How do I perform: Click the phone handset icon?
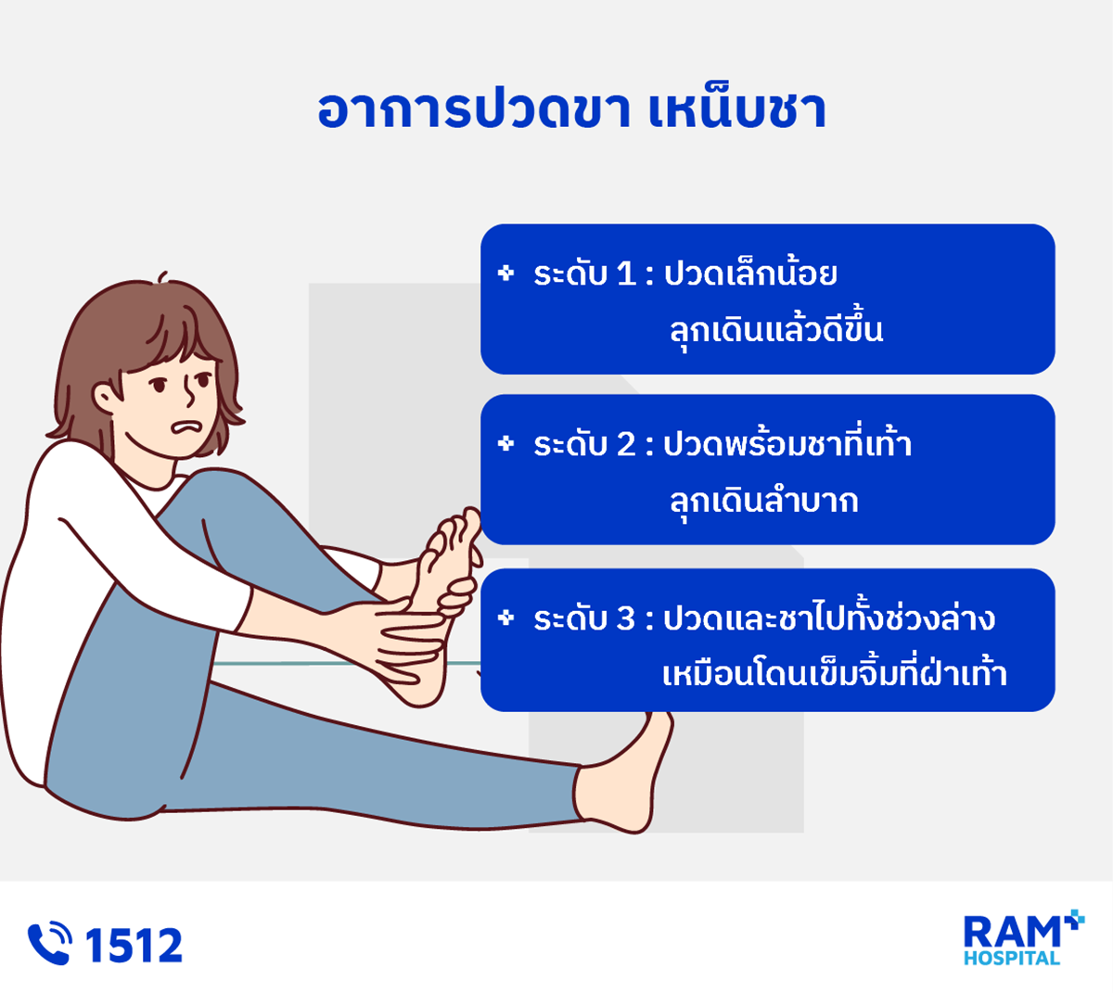[49, 943]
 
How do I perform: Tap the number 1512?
[134, 945]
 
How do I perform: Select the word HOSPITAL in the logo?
[1012, 958]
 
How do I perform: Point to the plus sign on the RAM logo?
[1074, 920]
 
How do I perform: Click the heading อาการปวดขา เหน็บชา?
[571, 109]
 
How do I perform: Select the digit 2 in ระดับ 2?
[626, 444]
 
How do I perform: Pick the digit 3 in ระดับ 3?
[626, 618]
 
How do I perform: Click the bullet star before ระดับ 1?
[505, 273]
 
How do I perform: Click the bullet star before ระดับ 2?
[505, 443]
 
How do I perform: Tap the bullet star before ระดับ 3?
[505, 617]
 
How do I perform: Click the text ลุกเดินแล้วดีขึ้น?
[776, 331]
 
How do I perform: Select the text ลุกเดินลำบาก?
[763, 501]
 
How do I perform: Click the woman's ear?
[106, 397]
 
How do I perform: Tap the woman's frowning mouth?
[186, 426]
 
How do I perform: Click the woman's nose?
[188, 393]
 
